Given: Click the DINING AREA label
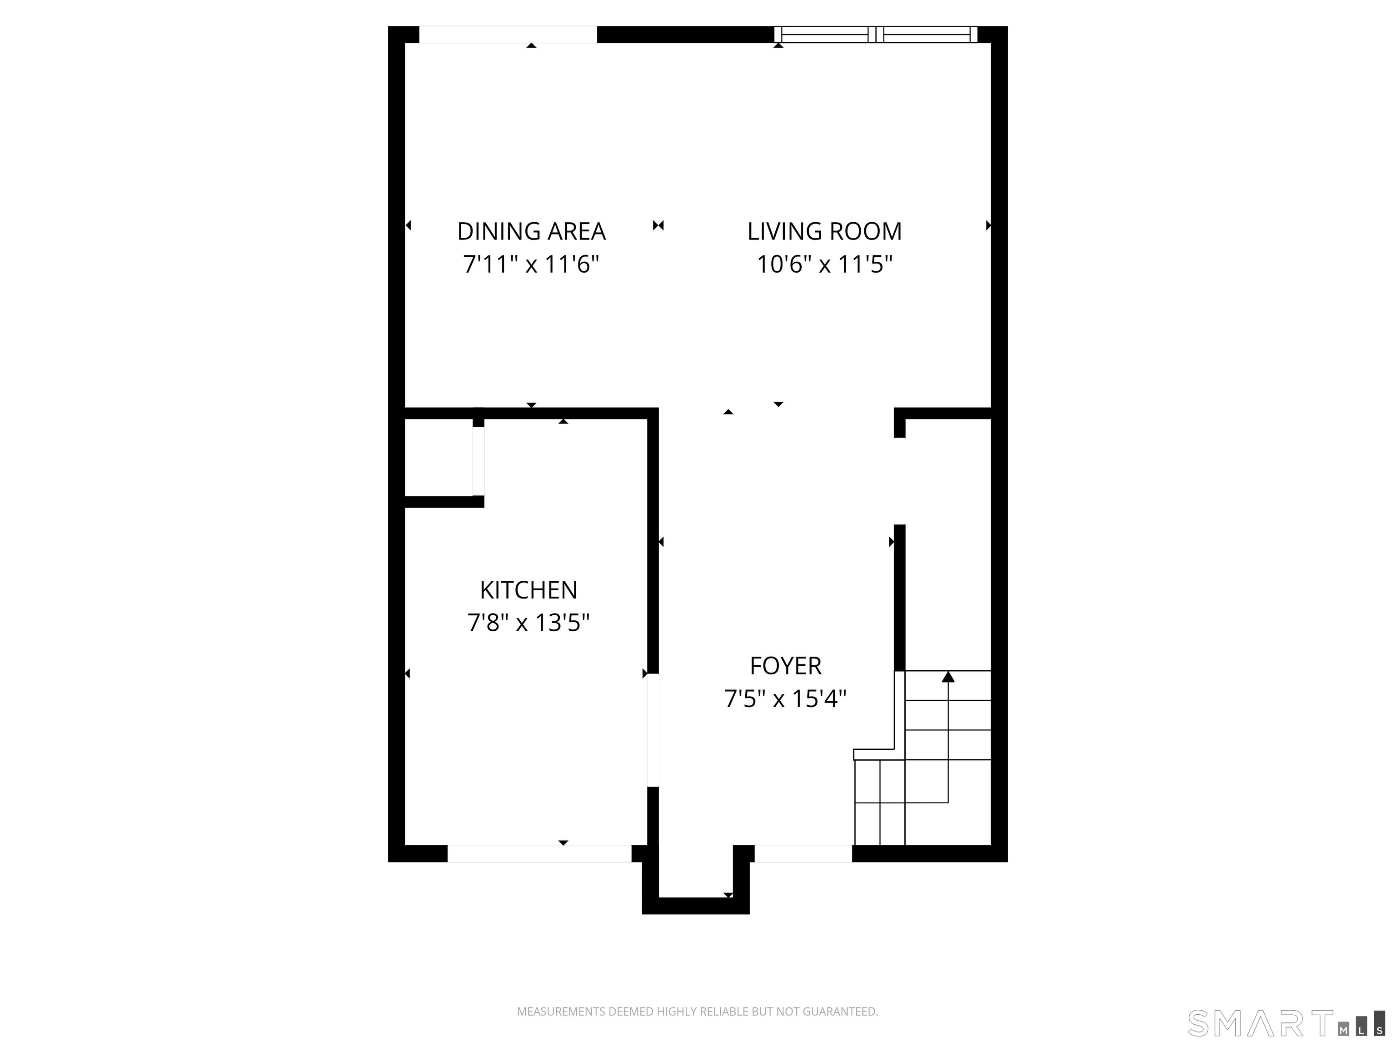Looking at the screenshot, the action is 531,232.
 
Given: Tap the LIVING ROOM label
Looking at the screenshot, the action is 824,232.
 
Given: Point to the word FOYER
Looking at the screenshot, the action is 785,666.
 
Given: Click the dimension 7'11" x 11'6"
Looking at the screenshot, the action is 531,264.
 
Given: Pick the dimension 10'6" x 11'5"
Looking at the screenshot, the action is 824,264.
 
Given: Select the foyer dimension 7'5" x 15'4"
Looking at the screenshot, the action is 785,698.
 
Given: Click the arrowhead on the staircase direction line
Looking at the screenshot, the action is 948,677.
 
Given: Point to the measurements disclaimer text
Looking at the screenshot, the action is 698,1012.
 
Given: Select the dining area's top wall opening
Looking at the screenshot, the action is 508,35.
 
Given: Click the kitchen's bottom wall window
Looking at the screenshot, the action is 539,853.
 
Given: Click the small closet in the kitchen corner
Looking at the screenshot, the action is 439,458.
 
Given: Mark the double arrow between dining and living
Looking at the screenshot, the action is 658,225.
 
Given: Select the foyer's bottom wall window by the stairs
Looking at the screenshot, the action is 803,853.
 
